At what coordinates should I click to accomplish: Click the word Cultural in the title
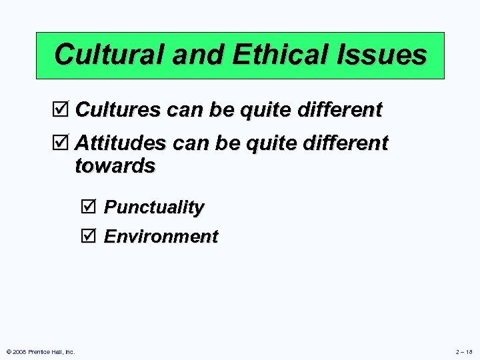point(109,55)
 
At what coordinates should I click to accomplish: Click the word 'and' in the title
point(191,55)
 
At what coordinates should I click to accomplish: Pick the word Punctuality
point(154,207)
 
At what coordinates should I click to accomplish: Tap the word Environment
point(161,237)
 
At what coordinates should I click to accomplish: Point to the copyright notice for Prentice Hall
point(40,351)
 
